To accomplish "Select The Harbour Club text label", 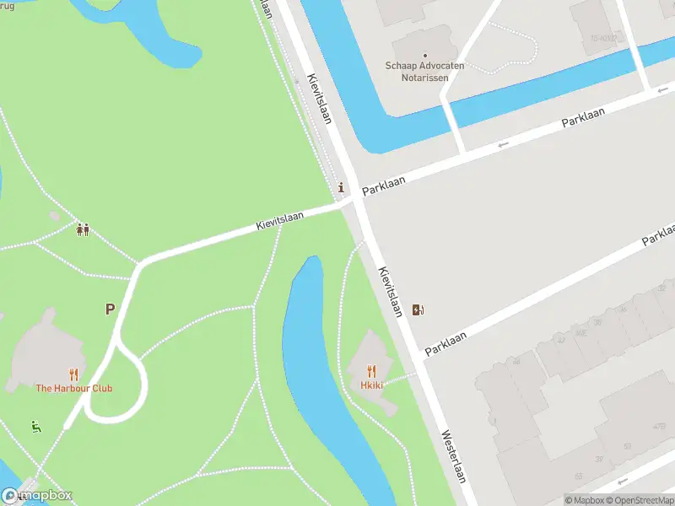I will click(x=73, y=388).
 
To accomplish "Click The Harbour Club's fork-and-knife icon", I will click(x=73, y=374).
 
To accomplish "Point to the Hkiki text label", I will click(x=371, y=385).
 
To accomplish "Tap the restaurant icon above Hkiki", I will click(x=371, y=371).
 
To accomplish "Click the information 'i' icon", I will click(x=341, y=187).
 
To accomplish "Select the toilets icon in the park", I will click(x=83, y=229).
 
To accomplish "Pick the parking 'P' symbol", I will click(x=110, y=310).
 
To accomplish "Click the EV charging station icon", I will click(x=418, y=310).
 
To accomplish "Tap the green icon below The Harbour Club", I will click(x=35, y=426).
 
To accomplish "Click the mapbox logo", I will click(x=36, y=496).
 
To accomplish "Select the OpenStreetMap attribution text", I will click(x=639, y=500).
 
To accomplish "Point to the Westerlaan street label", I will click(x=453, y=457).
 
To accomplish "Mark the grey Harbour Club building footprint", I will click(x=46, y=346).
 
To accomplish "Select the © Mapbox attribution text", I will click(x=583, y=500).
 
